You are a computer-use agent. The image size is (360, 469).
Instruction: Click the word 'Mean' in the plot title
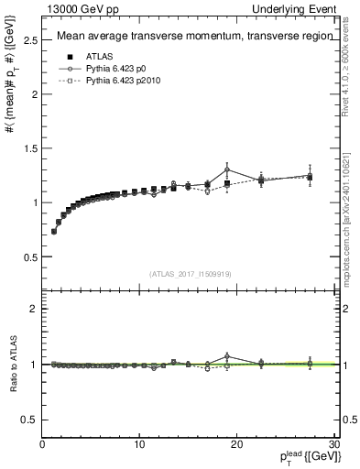(71, 37)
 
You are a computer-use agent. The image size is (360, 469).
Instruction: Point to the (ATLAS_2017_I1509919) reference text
(191, 273)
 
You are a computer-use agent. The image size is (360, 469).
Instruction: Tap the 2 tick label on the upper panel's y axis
(34, 94)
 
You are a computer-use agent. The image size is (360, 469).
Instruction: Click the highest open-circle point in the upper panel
(226, 169)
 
